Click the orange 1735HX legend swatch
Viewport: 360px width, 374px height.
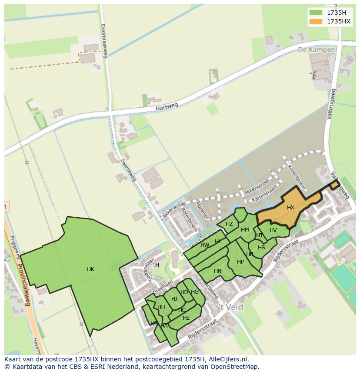coord(316,21)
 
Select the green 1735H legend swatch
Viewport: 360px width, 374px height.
coord(316,12)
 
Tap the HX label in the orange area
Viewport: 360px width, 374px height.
coord(290,208)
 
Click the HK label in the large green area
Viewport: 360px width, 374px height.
coord(90,269)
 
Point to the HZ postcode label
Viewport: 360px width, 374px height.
coord(229,224)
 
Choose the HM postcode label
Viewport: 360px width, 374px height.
coord(245,230)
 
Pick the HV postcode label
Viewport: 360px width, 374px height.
coord(273,230)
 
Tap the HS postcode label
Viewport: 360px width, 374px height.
coord(261,248)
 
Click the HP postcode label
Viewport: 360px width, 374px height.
coord(240,262)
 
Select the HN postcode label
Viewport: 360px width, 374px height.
coord(218,271)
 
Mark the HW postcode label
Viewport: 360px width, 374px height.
coord(205,245)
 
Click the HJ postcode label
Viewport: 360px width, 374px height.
coord(174,298)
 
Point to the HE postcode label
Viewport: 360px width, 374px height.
coord(186,318)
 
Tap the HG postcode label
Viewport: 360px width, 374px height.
coord(195,292)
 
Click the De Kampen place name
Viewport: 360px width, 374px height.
coord(317,50)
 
